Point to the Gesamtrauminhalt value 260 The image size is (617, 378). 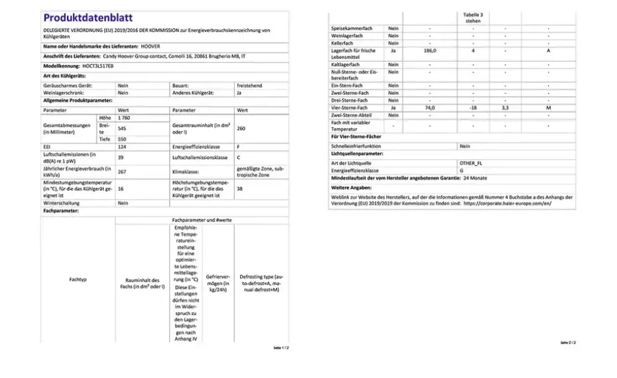point(241,129)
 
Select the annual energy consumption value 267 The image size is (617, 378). point(123,170)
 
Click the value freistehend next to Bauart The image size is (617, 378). point(249,86)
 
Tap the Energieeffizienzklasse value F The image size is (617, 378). point(239,147)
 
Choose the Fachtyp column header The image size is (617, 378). point(78,279)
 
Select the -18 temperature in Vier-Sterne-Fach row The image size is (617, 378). point(473,107)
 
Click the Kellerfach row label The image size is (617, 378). point(344,43)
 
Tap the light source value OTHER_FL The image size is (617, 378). point(472,162)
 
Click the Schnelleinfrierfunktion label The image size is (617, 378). point(357,146)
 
